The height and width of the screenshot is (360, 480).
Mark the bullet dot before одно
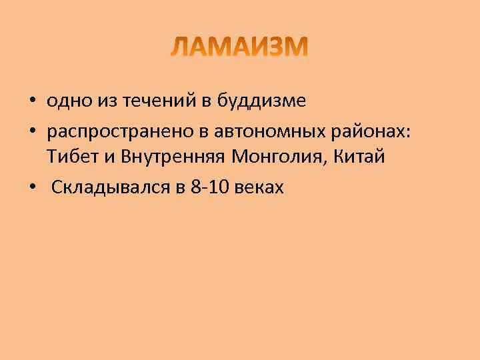pyautogui.click(x=33, y=102)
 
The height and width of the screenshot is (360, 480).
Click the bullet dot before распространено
pyautogui.click(x=33, y=131)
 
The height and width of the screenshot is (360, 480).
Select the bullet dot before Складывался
pyautogui.click(x=33, y=188)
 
